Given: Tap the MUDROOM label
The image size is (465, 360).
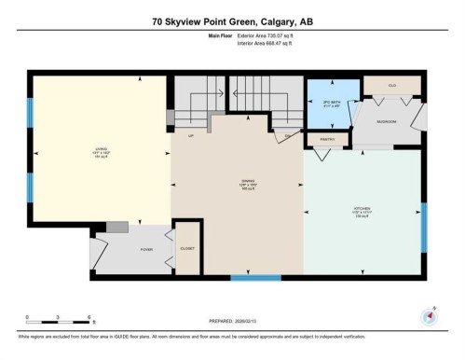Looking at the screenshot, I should (387, 122).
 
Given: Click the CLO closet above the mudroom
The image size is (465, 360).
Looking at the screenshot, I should (392, 85).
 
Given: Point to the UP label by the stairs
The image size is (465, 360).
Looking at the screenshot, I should (191, 136).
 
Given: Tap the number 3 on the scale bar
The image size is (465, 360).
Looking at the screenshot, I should (57, 318).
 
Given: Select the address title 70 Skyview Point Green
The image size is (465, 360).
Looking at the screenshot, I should (233, 22).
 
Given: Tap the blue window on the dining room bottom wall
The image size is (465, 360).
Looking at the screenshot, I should (255, 277).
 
